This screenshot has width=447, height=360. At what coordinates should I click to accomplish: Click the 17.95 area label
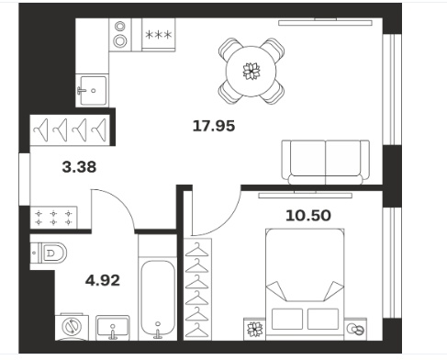214,126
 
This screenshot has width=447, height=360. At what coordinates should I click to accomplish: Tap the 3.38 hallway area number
79,167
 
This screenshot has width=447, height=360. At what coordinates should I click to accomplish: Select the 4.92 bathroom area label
103,280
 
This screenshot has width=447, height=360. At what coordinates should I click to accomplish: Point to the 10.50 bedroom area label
308,215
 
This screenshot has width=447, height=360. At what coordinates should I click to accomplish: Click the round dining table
251,71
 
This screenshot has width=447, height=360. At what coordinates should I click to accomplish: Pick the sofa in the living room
325,163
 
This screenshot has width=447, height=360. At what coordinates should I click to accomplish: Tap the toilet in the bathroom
49,253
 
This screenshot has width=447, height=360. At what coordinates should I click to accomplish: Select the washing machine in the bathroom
72,327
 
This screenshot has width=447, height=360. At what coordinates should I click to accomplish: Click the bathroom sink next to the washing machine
113,328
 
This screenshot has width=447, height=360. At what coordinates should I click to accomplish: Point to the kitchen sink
93,90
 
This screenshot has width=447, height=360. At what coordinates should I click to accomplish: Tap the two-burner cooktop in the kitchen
120,34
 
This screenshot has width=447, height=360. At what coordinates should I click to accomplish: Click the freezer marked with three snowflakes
159,35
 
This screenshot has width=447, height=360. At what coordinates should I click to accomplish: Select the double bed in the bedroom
305,284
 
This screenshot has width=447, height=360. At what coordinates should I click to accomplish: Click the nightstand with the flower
254,329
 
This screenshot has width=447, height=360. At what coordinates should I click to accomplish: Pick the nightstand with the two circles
355,329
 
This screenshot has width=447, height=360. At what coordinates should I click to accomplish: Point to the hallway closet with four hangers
70,129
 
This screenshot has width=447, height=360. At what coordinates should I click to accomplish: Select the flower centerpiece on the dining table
251,71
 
